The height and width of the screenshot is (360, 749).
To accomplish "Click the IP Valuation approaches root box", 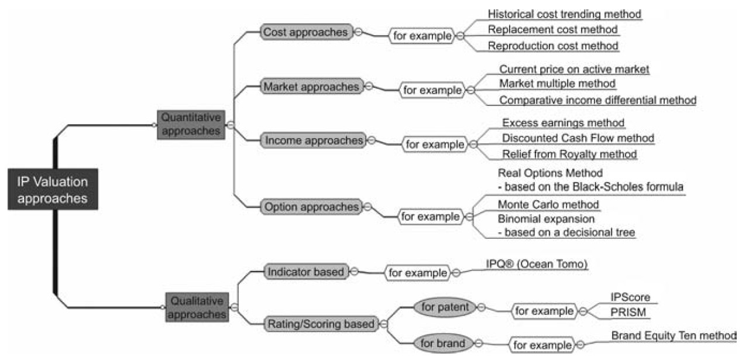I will (52, 190).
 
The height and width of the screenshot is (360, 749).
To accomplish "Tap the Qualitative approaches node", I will (197, 307).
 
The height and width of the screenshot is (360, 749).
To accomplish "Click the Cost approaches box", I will (306, 32).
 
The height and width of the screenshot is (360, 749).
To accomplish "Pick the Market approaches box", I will (311, 87).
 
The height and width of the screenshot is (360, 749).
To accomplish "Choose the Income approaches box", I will (313, 140).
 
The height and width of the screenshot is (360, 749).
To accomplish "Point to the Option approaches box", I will (311, 207).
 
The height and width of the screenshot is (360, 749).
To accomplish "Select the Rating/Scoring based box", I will (321, 323).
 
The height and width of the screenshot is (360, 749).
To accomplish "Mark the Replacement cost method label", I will (552, 29).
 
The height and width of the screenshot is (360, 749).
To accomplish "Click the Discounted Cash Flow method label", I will (578, 138).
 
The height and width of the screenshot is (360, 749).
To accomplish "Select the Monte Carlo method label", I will (548, 204).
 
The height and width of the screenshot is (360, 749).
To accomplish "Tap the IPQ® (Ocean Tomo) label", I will (536, 264).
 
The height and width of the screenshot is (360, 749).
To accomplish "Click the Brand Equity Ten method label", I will (673, 336).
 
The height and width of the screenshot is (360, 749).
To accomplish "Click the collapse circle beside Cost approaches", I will (358, 32).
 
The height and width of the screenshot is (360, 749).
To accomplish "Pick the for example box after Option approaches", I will (430, 217).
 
